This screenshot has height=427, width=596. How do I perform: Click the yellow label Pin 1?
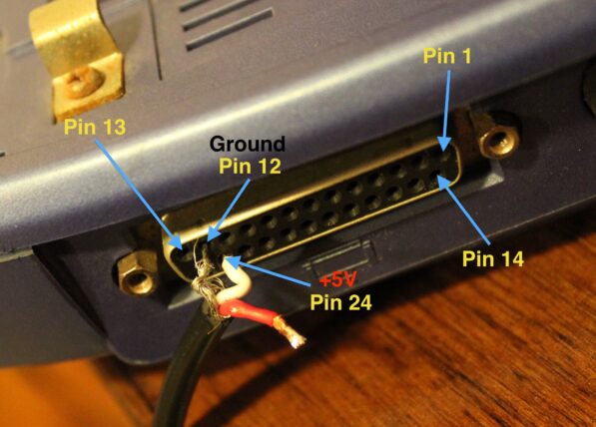(x=447, y=56)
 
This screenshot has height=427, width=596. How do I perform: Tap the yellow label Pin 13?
(x=95, y=126)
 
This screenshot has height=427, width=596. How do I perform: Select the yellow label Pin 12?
(x=250, y=166)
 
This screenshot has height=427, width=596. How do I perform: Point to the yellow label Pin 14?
(x=493, y=258)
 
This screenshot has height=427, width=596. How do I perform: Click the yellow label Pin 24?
(x=340, y=302)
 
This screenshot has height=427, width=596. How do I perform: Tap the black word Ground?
(x=247, y=144)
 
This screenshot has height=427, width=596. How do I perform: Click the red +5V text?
(x=337, y=280)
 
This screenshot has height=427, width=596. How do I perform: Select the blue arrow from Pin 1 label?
(x=446, y=111)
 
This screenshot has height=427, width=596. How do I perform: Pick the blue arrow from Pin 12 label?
(x=229, y=211)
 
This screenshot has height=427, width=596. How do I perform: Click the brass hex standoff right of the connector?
(x=498, y=141)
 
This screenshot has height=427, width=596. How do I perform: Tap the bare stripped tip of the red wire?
(x=291, y=333)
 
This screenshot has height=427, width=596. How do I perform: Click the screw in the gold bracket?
(x=83, y=83)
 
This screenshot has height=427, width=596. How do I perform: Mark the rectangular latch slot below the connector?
(x=341, y=257)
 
